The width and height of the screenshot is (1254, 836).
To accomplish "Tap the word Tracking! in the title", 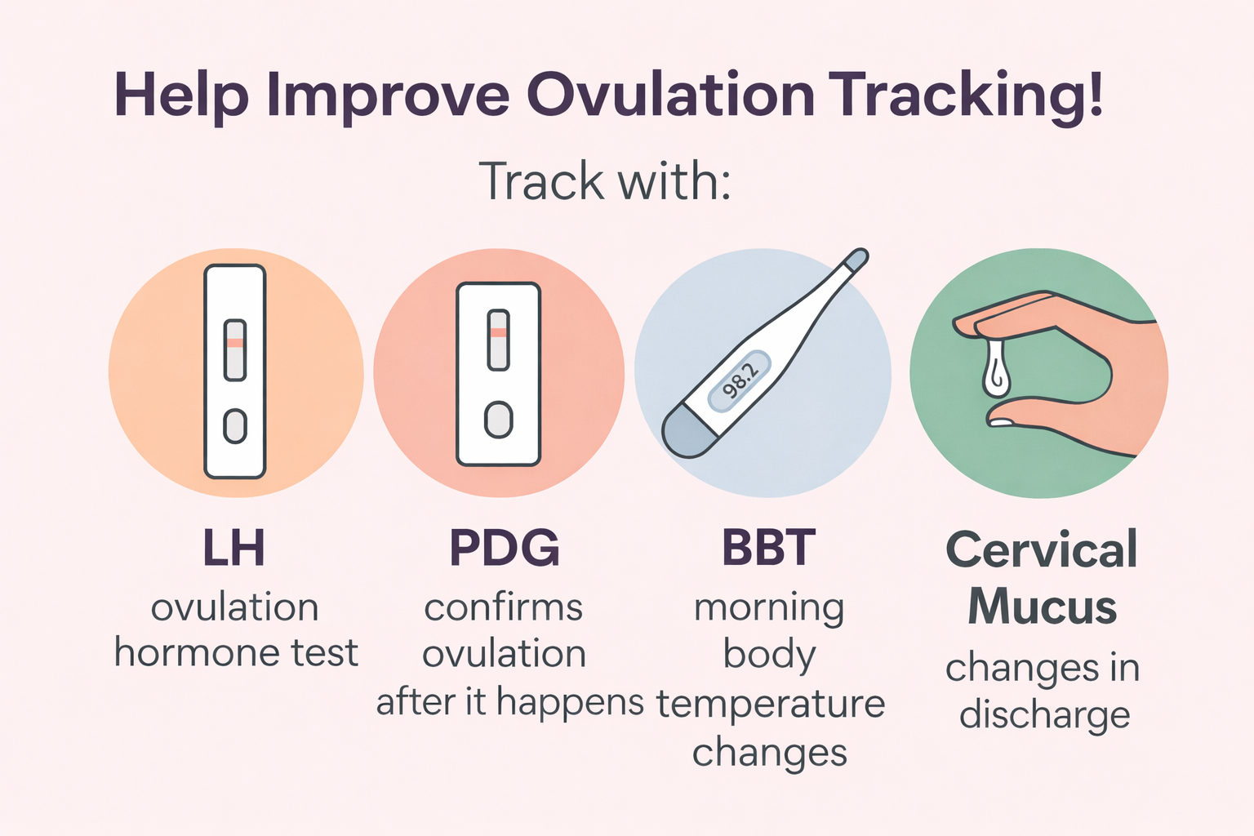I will point(967,96).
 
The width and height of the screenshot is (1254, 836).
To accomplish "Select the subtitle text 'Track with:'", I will point(604,181).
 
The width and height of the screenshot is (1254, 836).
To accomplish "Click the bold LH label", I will point(234,548).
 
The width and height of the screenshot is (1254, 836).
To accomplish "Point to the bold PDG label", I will point(505,548).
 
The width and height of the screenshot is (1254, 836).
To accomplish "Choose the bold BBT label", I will point(768,548).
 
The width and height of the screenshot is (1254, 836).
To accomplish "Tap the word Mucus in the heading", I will point(1042,607).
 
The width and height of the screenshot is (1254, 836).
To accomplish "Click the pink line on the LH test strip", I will point(235,343).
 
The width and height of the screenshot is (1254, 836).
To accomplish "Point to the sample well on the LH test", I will point(235,426).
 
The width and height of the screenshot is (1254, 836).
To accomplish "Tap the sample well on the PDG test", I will point(498,420).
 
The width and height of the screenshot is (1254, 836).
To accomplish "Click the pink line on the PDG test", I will point(498,332).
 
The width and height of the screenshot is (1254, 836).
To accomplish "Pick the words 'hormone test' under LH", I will point(236,653).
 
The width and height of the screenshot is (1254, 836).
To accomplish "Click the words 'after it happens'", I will point(509,702).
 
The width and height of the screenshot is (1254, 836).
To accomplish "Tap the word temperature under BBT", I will point(771,704).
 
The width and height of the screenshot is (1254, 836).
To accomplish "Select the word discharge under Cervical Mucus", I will point(1044,715).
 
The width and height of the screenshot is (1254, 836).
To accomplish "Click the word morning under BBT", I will point(769,609).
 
